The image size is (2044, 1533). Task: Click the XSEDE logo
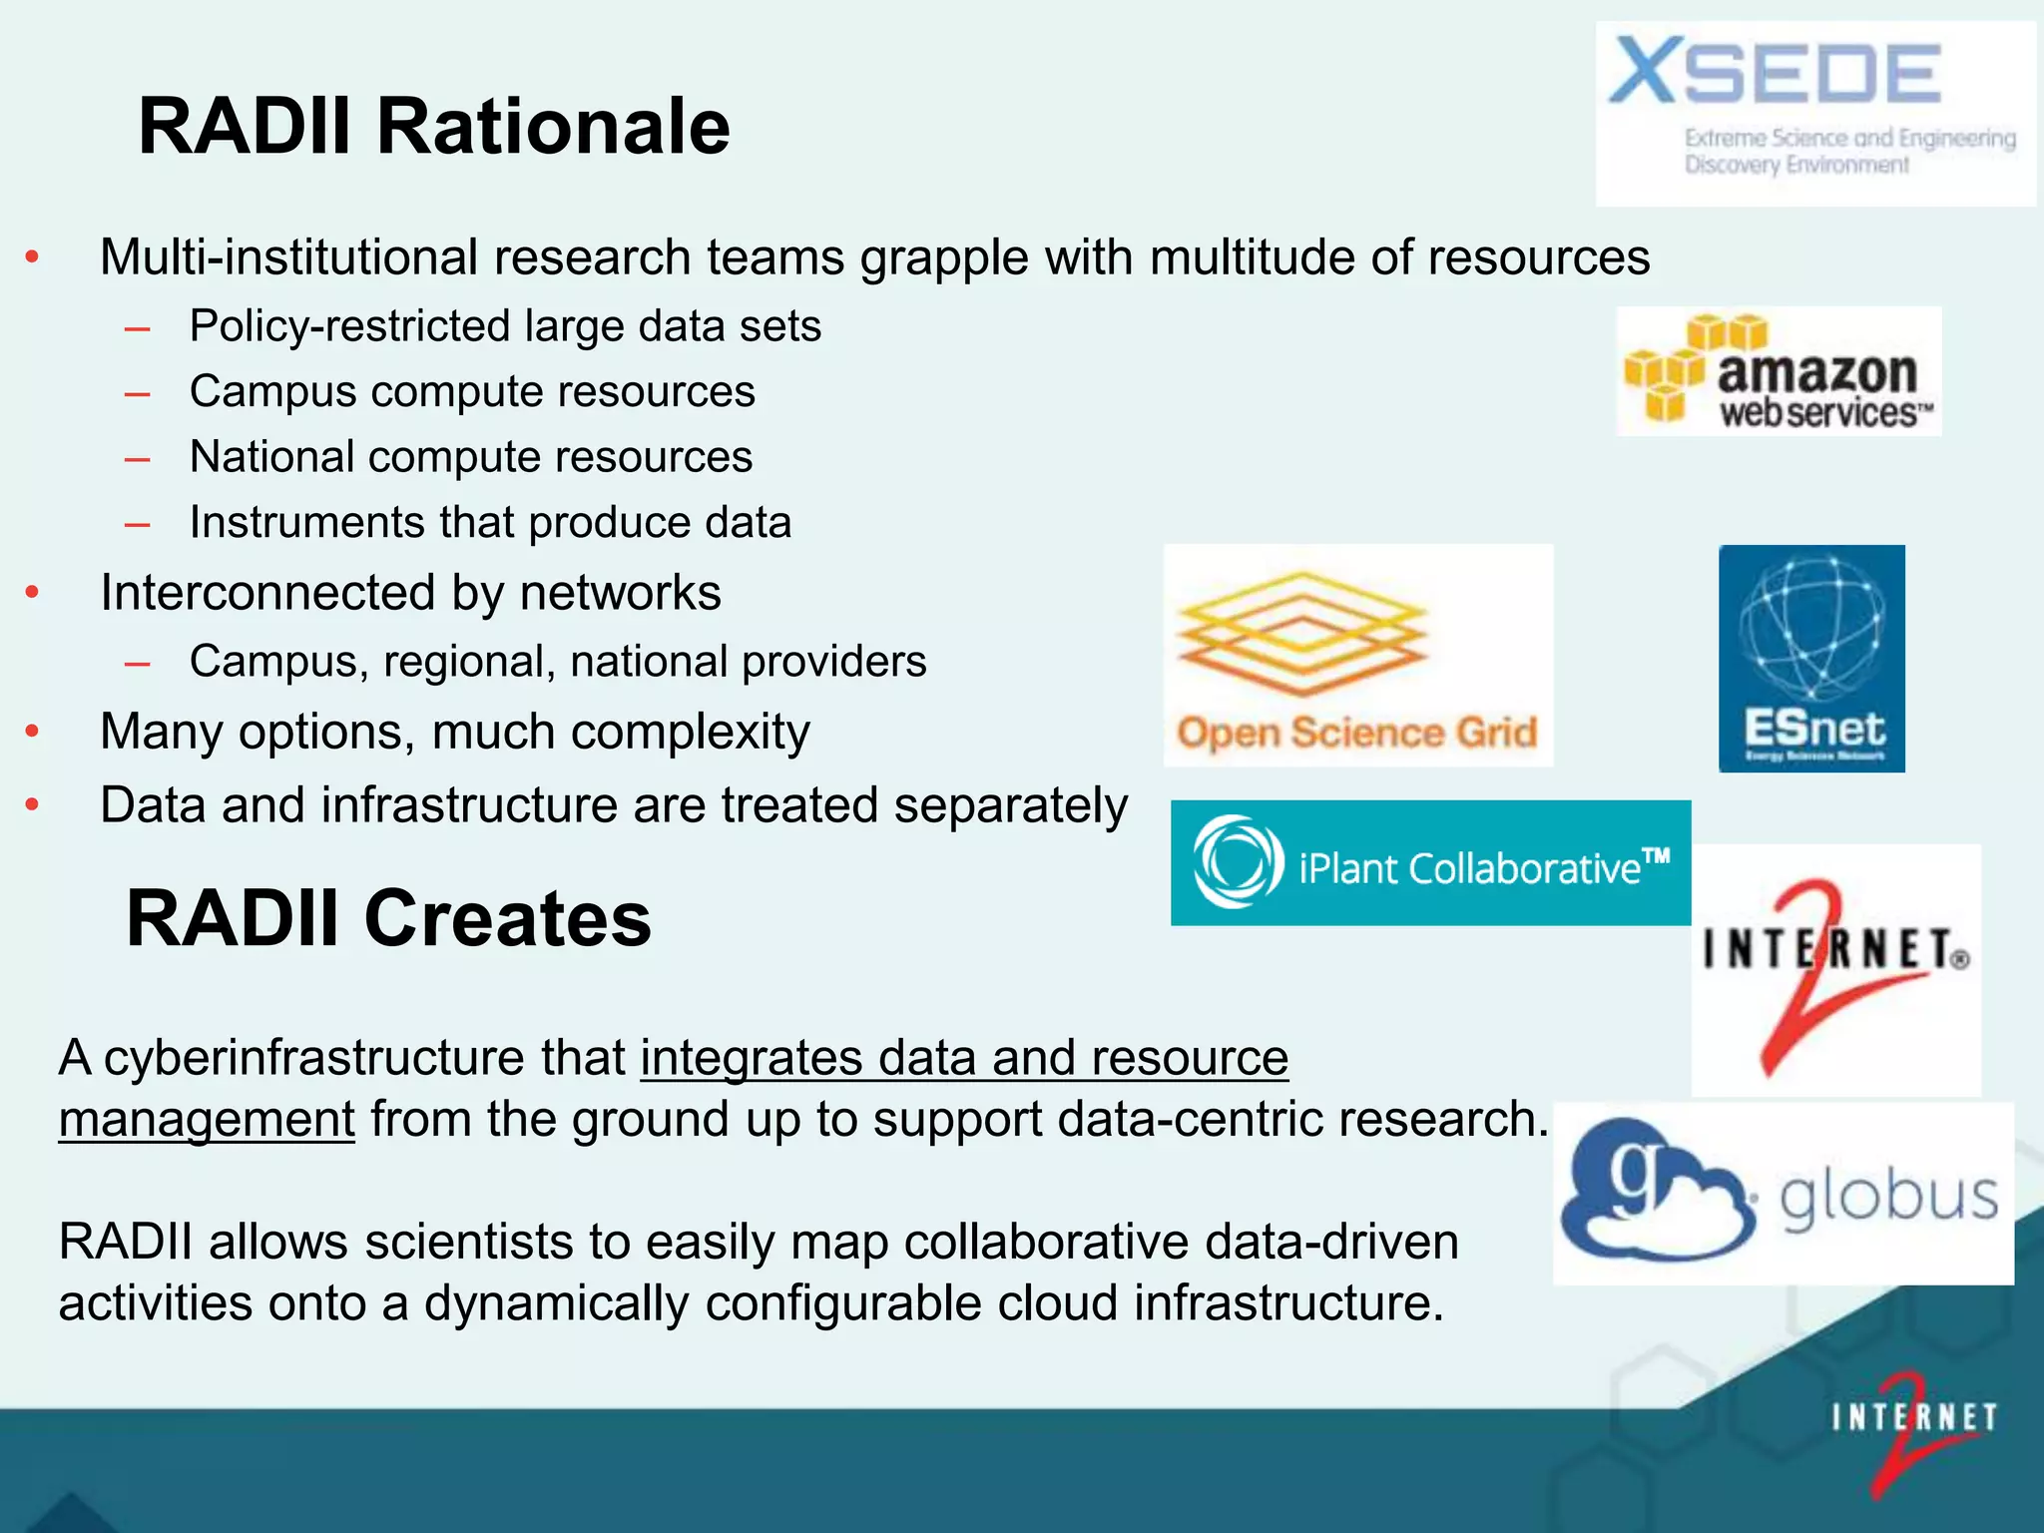click(x=1814, y=113)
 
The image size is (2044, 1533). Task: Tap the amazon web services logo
click(x=1779, y=371)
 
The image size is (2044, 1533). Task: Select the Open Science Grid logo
click(x=1357, y=656)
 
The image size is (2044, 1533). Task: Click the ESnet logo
click(x=1810, y=659)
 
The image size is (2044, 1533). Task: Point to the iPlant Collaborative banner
click(x=1429, y=863)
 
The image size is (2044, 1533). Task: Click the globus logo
click(x=1783, y=1194)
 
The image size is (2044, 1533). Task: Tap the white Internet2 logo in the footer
click(x=1911, y=1427)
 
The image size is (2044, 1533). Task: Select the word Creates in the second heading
click(x=507, y=918)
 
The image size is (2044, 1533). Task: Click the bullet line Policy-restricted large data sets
click(x=505, y=326)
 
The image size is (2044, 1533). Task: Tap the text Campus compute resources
click(x=472, y=391)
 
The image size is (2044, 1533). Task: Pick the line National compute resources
click(x=471, y=457)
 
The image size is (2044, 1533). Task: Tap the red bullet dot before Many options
click(x=32, y=732)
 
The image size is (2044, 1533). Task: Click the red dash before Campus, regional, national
click(x=138, y=663)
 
